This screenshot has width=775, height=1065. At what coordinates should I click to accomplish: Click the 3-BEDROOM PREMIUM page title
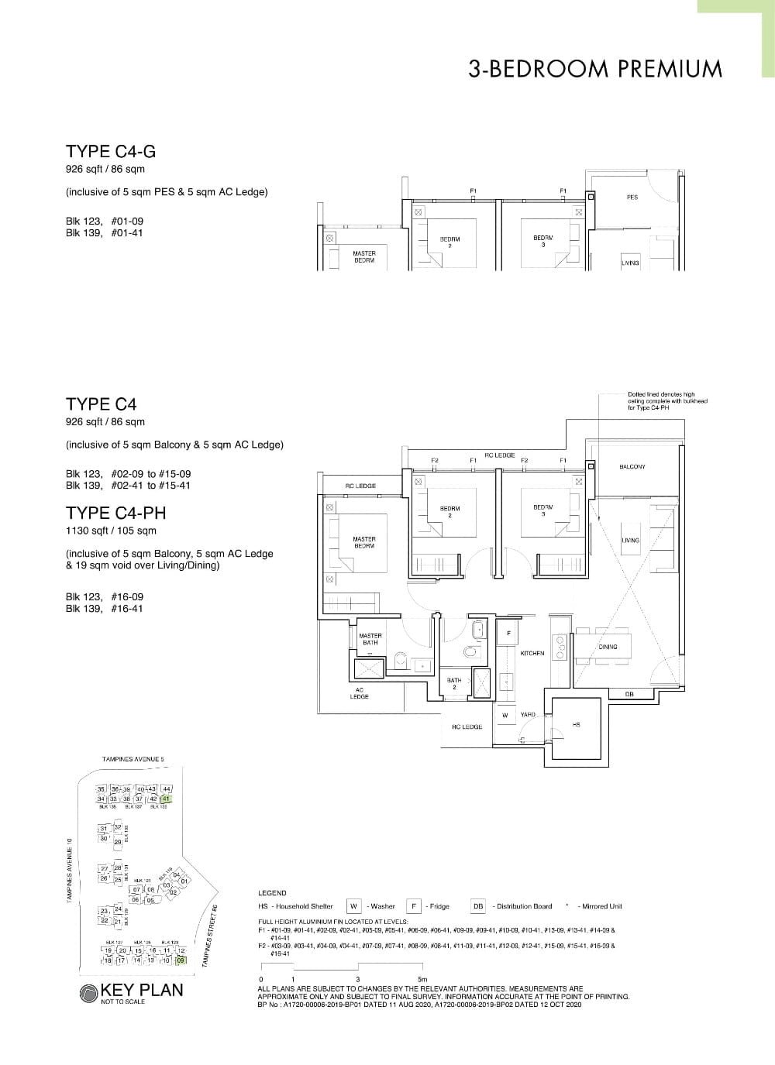tap(594, 69)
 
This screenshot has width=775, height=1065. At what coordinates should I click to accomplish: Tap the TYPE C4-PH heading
tap(116, 513)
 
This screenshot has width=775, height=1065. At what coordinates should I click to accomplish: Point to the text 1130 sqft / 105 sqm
tap(112, 531)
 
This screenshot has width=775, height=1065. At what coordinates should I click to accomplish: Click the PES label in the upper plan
tap(632, 198)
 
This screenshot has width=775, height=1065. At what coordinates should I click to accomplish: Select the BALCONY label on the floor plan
tap(632, 467)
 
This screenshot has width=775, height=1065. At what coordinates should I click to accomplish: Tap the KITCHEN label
tap(532, 654)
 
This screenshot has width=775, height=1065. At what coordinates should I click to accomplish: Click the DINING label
tap(608, 647)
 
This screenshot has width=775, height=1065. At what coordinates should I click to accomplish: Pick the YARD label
tap(528, 715)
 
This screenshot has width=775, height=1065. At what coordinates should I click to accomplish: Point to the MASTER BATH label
tap(370, 639)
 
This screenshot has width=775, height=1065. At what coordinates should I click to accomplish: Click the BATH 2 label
tap(454, 684)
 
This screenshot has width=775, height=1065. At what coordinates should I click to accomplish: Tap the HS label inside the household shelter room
tap(576, 725)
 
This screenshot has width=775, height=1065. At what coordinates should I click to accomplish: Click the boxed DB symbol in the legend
tap(478, 906)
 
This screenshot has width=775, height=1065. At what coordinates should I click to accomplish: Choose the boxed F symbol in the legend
tap(414, 906)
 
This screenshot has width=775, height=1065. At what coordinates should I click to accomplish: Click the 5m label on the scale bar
tap(422, 980)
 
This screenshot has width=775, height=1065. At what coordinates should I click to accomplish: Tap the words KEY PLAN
tap(142, 990)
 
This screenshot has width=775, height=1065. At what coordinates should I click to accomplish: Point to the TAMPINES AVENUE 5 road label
tap(133, 760)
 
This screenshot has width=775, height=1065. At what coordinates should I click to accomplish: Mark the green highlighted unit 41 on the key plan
tap(166, 798)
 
